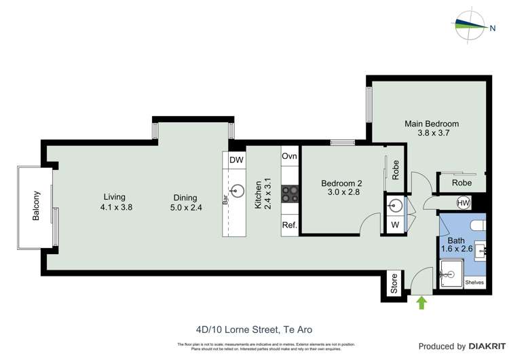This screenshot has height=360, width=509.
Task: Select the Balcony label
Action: (37, 206)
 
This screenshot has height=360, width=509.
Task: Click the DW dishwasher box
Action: (236, 160)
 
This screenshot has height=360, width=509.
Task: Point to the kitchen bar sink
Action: (238, 191)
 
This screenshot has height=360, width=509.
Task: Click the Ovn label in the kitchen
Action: (290, 156)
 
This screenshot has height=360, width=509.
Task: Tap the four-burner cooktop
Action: (290, 194)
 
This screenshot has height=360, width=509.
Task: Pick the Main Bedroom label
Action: (432, 124)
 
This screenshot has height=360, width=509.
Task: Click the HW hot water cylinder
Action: (464, 202)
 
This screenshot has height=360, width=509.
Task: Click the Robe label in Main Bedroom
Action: (461, 183)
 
